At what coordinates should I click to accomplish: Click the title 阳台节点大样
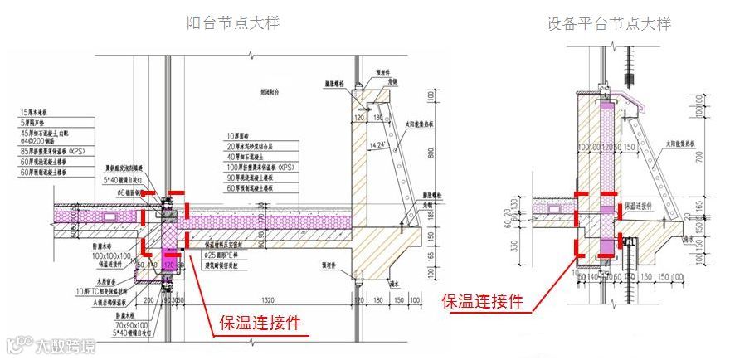(x=233, y=22)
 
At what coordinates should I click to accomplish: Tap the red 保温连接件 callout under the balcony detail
(x=259, y=323)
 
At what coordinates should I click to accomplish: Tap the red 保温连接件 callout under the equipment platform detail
(x=482, y=301)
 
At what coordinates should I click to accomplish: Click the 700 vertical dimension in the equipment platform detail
(x=699, y=155)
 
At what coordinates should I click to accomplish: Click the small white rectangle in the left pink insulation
(x=110, y=216)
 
